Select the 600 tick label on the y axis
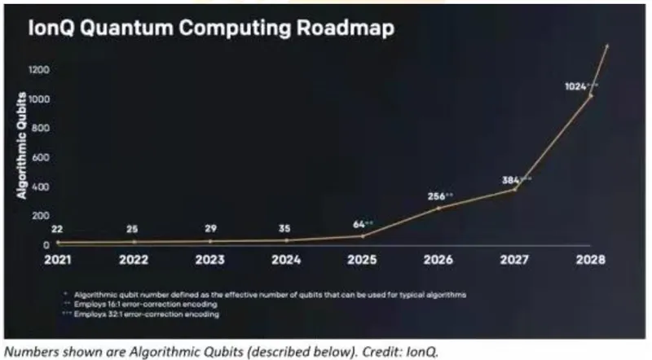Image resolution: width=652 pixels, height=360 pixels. coord(39,157)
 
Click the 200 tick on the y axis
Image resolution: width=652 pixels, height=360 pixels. coord(39,215)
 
